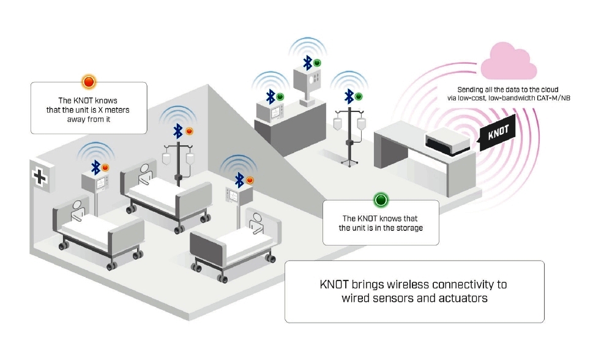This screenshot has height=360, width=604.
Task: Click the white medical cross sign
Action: (40, 177)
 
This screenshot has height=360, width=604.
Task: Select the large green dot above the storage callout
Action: (381, 200)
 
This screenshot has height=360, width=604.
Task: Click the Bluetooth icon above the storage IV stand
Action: (349, 96)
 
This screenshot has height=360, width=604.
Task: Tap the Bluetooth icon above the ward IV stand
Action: (178, 130)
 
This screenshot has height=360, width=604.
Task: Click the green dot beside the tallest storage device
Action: (318, 62)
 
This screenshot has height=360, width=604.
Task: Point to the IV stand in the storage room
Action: (349, 135)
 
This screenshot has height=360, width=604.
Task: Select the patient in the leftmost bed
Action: (77, 211)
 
